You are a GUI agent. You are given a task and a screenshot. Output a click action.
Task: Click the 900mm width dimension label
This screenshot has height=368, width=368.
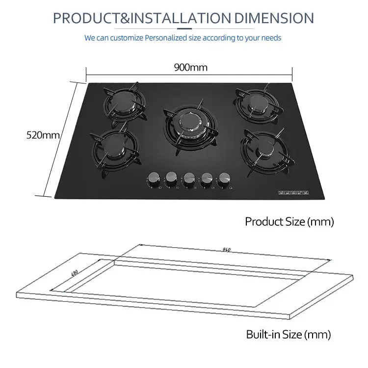click(x=190, y=68)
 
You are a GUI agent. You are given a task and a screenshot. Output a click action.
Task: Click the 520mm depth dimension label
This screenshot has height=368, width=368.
click(x=42, y=134)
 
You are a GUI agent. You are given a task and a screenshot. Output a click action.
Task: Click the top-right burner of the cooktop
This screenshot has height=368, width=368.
click(x=254, y=104)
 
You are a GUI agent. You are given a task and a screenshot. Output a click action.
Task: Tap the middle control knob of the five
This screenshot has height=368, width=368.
click(x=189, y=179)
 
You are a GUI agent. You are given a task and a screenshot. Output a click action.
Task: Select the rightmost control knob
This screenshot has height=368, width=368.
click(x=225, y=178)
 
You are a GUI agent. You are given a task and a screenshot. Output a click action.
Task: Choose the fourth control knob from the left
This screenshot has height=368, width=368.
click(x=207, y=179)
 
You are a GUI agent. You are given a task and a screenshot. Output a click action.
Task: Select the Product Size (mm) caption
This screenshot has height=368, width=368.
click(x=289, y=221)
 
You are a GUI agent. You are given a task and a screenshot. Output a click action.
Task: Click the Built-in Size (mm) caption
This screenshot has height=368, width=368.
click(x=289, y=335)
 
